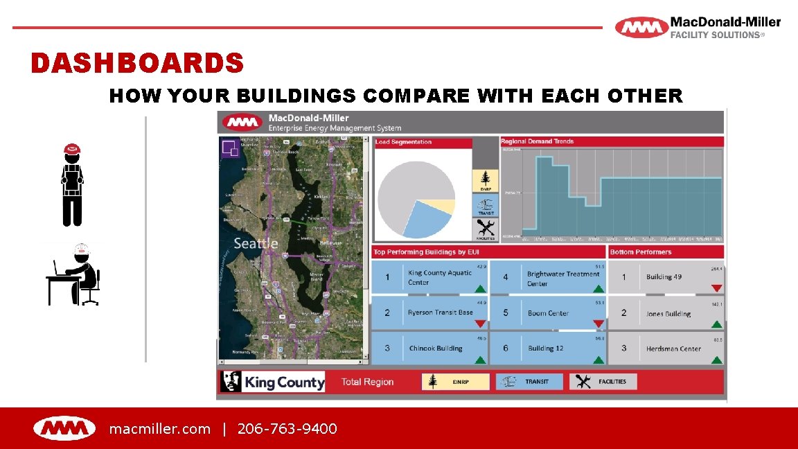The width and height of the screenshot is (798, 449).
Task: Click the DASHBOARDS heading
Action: [137, 64]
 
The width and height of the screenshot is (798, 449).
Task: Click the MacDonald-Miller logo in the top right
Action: [698, 28]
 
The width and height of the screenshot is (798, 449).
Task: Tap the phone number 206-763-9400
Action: [287, 429]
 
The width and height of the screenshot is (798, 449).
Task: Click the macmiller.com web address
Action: [159, 429]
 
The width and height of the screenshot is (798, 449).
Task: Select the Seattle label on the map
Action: [256, 243]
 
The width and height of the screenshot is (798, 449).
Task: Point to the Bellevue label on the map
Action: [330, 243]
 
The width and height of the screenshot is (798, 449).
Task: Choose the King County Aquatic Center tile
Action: [429, 277]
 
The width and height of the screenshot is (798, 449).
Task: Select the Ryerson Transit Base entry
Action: [429, 312]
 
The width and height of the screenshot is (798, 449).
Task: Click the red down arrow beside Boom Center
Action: [598, 324]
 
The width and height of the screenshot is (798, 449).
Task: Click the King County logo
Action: [272, 382]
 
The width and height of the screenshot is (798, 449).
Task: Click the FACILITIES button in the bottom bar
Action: [603, 382]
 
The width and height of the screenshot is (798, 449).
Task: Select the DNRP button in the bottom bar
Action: [455, 382]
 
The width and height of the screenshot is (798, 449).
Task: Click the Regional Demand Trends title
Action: [537, 141]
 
